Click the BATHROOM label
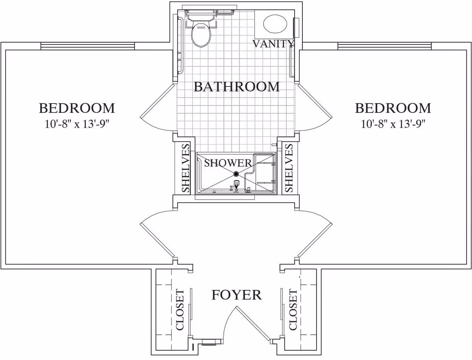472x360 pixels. tap(236, 87)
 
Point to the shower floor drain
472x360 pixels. tap(236, 174)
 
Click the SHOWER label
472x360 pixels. tap(228, 163)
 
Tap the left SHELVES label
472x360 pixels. tap(186, 168)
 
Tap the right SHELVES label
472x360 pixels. tap(289, 168)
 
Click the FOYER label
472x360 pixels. tap(236, 295)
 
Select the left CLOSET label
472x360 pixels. tap(180, 310)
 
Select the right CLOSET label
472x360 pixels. tap(293, 310)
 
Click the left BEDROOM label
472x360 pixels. tap(77, 108)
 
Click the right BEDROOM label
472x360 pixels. tap(393, 108)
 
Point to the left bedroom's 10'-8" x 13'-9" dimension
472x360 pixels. tap(77, 124)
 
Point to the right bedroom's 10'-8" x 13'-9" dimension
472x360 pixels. tap(393, 124)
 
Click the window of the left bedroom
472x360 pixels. tap(88, 46)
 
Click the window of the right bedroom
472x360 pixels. tap(384, 46)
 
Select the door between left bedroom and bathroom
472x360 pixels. tap(157, 101)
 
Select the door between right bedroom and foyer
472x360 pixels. tap(315, 241)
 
